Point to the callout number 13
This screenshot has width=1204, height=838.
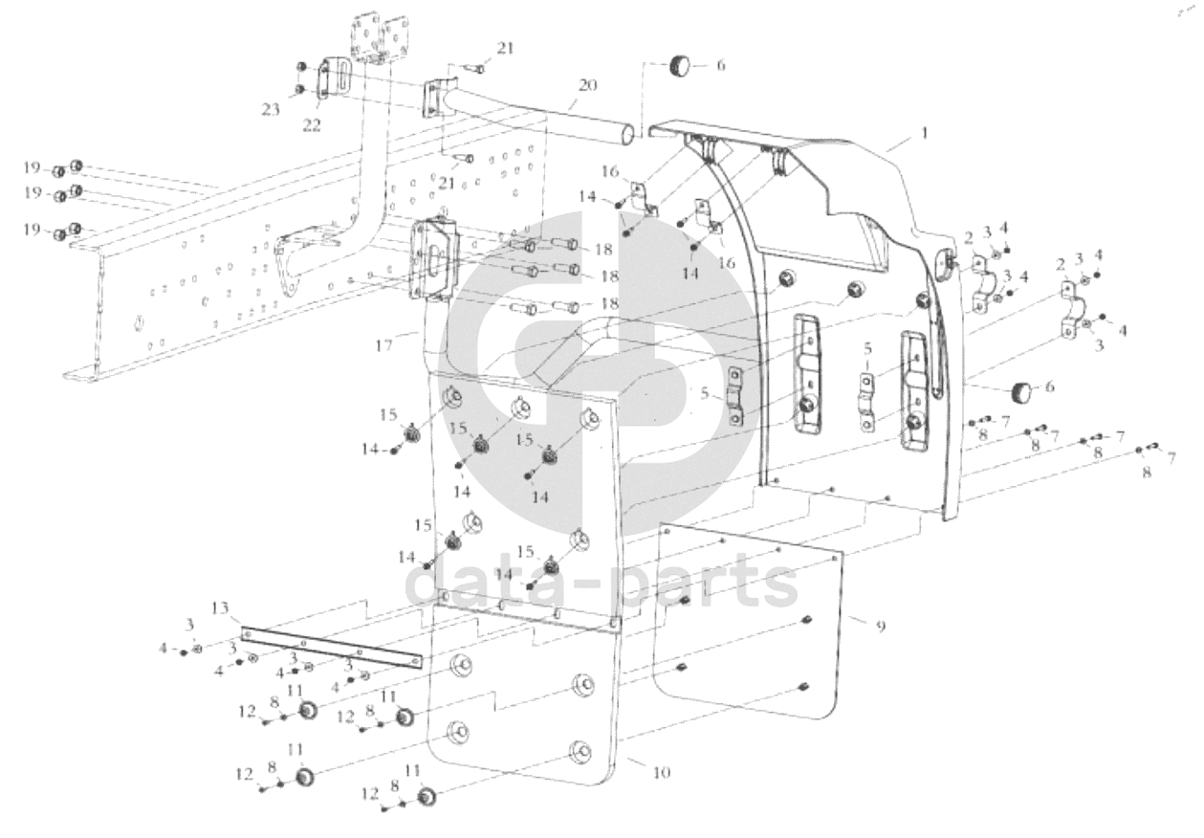point(221,608)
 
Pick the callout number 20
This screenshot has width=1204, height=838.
point(586,85)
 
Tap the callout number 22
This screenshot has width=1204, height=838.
point(311,125)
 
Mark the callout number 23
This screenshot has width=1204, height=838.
point(272,109)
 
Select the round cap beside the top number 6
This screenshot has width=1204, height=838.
point(680,66)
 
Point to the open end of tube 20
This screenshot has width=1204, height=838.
point(625,137)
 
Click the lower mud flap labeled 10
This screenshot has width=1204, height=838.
point(521,708)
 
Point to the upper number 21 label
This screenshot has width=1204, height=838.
point(504,48)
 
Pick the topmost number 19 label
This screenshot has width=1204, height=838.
point(33,168)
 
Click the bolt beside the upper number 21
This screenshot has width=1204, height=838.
point(475,67)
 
